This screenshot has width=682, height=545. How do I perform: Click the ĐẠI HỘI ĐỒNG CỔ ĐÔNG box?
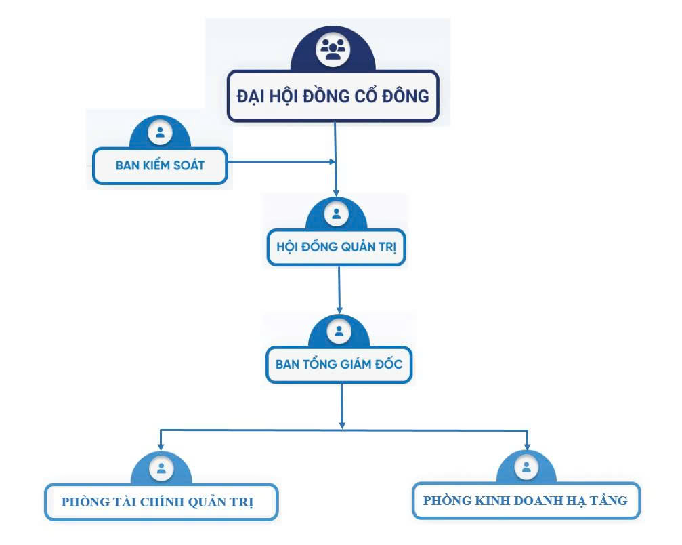(x=333, y=96)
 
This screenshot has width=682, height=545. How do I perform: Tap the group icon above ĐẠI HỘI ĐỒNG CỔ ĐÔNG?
(x=333, y=50)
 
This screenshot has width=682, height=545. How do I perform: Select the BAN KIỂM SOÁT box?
(x=160, y=165)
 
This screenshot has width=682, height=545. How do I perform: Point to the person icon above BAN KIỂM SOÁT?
(x=160, y=132)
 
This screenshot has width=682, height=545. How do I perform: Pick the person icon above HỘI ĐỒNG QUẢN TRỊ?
(x=337, y=214)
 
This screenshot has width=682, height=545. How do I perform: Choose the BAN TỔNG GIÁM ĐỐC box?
(x=339, y=365)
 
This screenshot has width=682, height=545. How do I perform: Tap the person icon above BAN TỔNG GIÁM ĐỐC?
(x=339, y=331)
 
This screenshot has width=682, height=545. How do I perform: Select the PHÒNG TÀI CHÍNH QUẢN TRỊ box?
(x=161, y=502)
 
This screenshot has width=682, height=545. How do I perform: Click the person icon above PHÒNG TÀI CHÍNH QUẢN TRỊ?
(x=161, y=468)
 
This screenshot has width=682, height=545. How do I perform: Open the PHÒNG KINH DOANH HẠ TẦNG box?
(x=526, y=501)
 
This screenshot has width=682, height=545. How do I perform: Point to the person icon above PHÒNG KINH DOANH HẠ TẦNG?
(x=526, y=466)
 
